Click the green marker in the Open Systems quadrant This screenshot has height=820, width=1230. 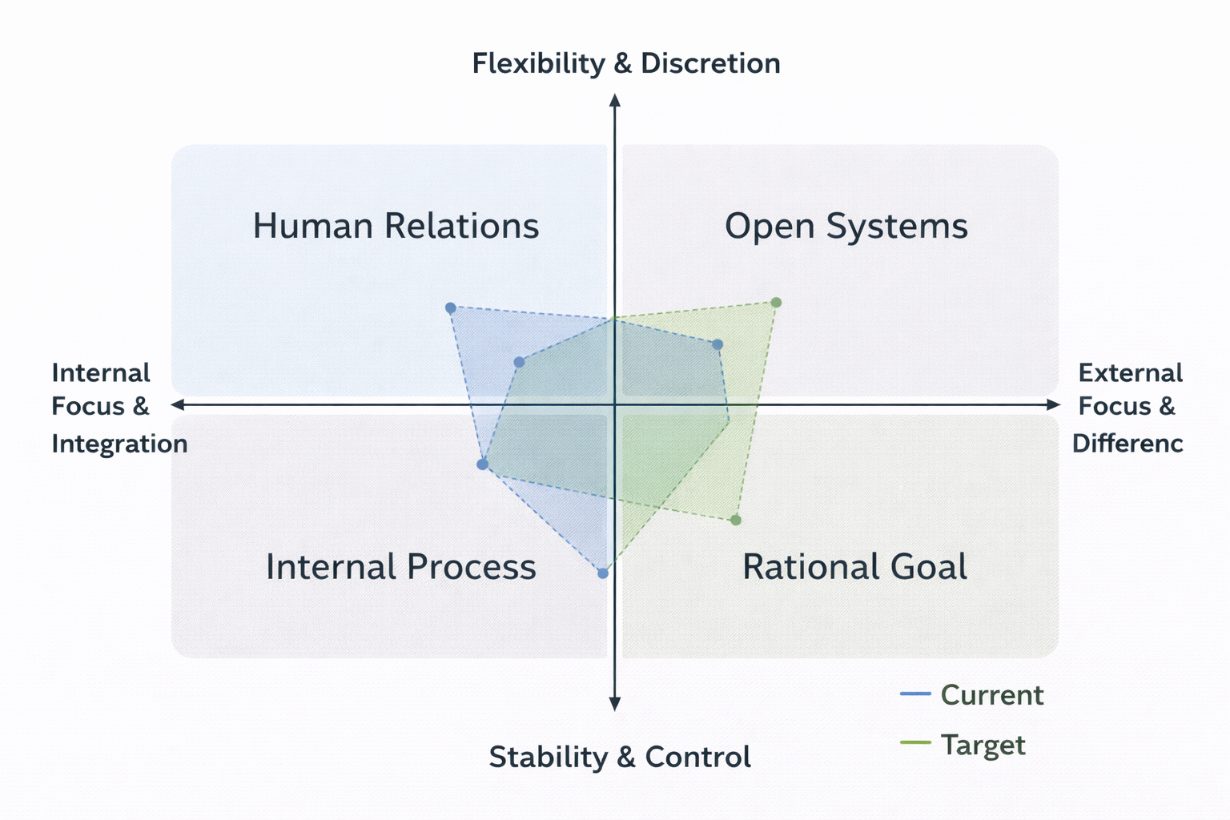[776, 303]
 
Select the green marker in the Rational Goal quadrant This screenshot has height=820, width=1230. [736, 521]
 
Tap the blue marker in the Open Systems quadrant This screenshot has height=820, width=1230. [717, 345]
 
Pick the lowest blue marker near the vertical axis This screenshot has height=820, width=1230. [603, 573]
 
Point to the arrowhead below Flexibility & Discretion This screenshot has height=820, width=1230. [615, 99]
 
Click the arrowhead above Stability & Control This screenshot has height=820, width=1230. [615, 705]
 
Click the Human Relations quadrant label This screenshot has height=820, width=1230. [396, 226]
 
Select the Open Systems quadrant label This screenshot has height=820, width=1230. [846, 226]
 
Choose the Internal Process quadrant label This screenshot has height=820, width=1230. [400, 567]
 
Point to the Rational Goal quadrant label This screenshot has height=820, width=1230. [854, 567]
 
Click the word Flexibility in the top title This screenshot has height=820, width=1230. [538, 63]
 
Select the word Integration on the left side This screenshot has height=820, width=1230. [119, 444]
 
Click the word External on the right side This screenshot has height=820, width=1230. [1130, 373]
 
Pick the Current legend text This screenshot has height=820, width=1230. [991, 695]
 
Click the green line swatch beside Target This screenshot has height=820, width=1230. [915, 743]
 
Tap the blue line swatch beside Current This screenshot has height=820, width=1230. [915, 693]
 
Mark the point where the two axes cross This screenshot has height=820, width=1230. [615, 405]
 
